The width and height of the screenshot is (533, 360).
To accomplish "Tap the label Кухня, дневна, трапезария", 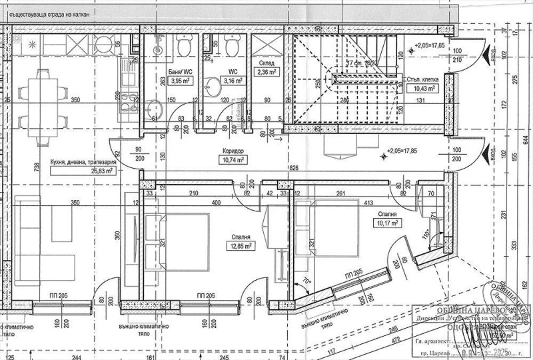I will [83, 162].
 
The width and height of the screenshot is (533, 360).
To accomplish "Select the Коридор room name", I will [234, 151].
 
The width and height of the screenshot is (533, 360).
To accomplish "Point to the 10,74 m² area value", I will [234, 160].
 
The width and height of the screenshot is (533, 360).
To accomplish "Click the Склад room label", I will [266, 64].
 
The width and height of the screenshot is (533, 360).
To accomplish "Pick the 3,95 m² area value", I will [181, 81].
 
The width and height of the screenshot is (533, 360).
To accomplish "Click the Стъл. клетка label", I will [422, 78].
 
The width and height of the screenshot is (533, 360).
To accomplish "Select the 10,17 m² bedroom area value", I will [385, 223].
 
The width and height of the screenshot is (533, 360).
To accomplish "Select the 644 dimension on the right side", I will [525, 139].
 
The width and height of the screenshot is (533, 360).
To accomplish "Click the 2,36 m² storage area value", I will [266, 73].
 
